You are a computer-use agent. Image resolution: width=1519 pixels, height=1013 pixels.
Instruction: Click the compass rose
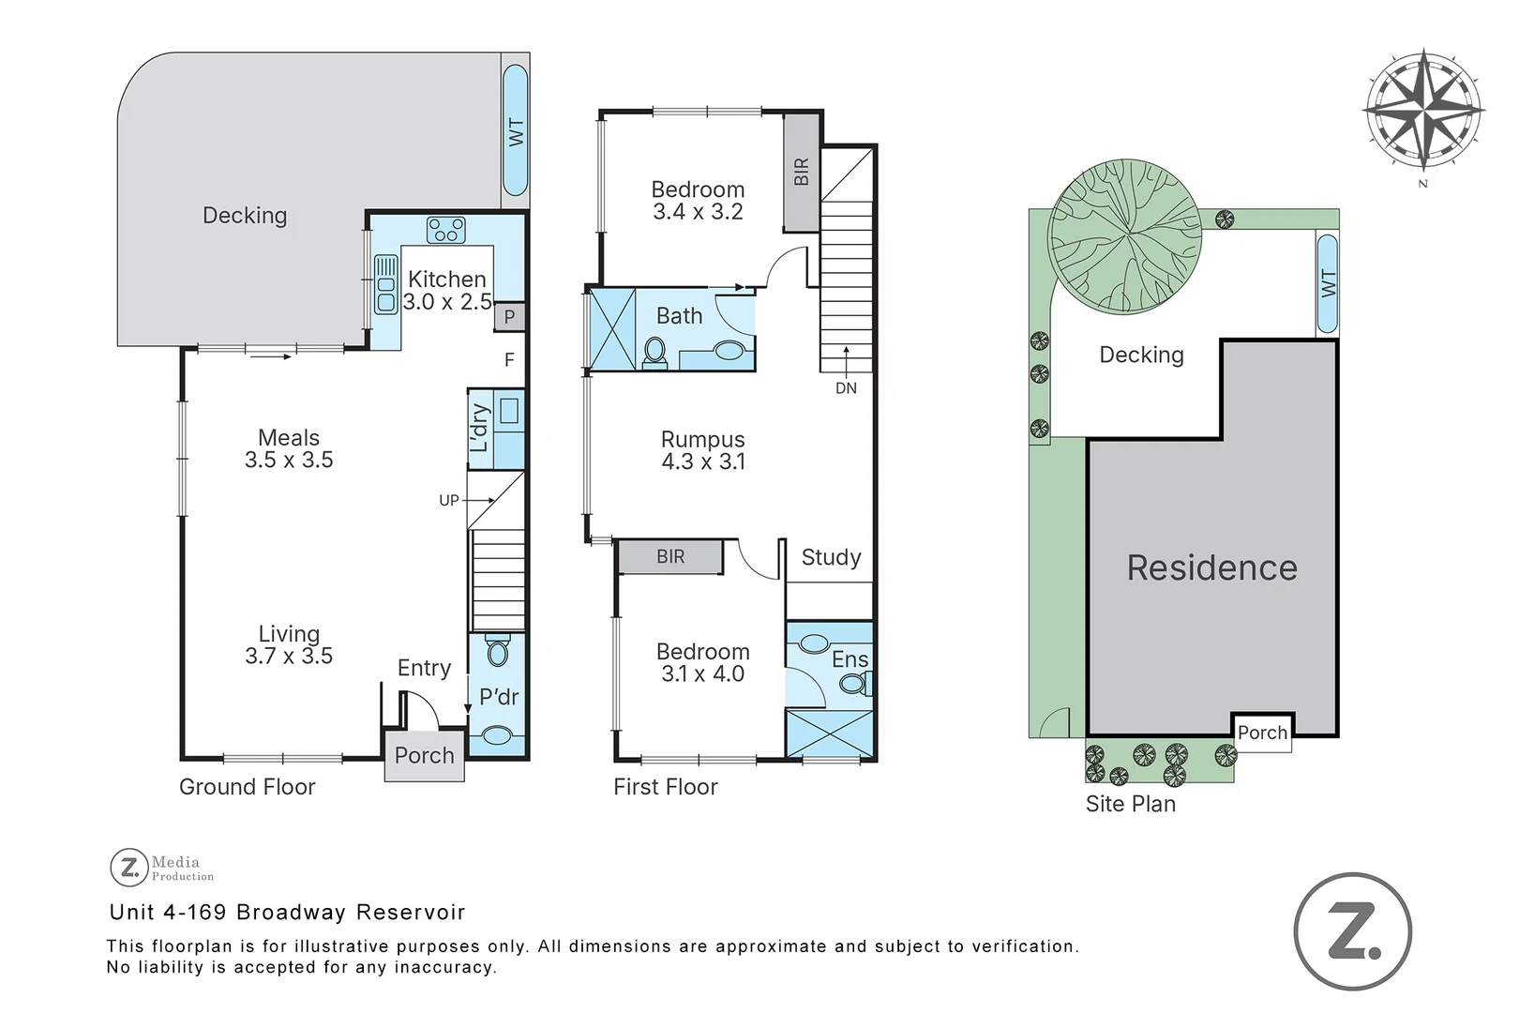pos(1422,111)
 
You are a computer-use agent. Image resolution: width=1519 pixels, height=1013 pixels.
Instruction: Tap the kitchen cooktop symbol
pos(445,230)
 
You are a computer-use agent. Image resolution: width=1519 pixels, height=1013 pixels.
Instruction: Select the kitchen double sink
pos(385,284)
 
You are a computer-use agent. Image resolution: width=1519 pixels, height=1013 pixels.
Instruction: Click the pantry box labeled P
pos(509,317)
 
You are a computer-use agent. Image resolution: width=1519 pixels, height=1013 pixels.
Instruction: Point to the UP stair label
pos(449,501)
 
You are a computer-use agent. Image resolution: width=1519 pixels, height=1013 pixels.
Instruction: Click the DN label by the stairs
pos(846,387)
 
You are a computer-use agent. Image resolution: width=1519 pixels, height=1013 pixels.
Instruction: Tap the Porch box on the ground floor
pos(424,756)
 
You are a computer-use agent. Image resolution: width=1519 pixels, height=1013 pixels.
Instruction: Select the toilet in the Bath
pos(654,353)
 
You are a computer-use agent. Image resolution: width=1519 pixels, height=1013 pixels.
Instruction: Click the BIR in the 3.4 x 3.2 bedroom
pos(802,173)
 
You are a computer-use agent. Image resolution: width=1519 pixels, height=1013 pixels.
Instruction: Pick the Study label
pos(831,557)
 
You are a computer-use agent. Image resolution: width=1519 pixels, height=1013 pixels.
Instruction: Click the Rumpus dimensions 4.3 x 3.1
pos(703,461)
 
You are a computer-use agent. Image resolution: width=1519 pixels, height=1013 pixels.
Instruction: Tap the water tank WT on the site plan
pos(1327,283)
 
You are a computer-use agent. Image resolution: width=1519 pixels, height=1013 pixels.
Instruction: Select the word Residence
pos(1211,568)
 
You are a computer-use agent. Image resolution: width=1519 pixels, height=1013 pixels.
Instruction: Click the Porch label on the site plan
pos(1262,733)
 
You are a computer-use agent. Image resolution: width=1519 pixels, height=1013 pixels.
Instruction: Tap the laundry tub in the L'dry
pos(510,411)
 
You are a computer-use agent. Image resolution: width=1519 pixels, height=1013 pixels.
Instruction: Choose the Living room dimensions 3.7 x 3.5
pos(289,657)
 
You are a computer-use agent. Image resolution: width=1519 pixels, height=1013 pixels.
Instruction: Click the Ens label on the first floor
pos(850,659)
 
